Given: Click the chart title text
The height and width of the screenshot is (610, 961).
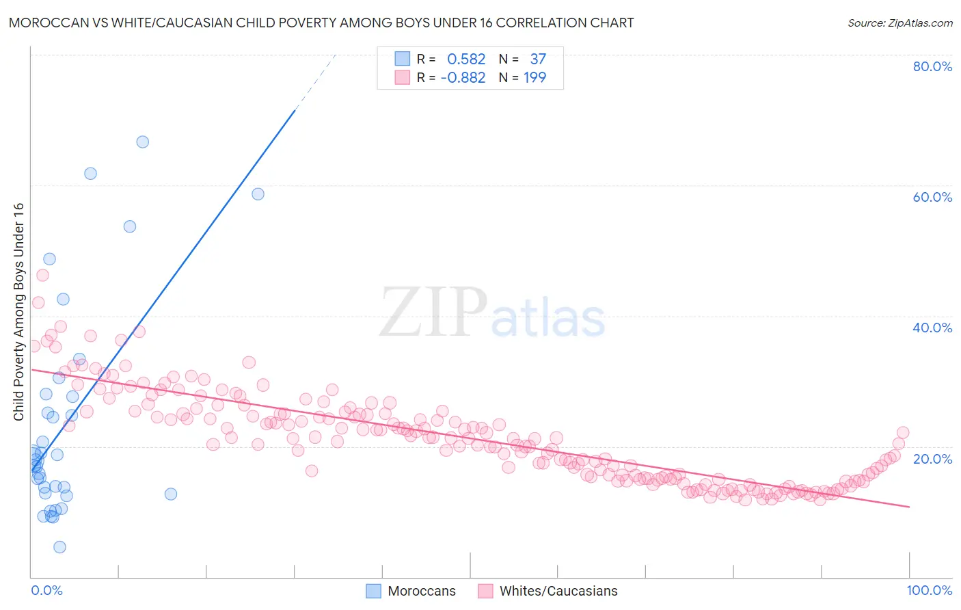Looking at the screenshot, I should (x=321, y=23).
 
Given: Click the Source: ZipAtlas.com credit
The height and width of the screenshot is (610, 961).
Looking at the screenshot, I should (x=899, y=23).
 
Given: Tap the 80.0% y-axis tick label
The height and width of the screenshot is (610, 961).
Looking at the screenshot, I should (x=932, y=66).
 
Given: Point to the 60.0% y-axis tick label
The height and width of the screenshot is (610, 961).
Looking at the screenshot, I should (x=932, y=197).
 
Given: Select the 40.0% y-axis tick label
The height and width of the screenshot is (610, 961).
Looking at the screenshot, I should (x=932, y=328).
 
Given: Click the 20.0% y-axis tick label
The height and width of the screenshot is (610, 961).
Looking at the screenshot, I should (x=932, y=458).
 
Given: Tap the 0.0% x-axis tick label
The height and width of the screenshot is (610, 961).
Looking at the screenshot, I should (x=46, y=590).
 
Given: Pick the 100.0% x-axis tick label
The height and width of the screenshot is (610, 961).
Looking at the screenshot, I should (x=929, y=590).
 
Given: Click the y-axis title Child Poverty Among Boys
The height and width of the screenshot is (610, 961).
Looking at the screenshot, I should (x=19, y=312).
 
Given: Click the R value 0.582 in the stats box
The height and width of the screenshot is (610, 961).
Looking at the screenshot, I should (x=466, y=59).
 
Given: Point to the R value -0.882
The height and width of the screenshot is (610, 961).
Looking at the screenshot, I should (x=463, y=78).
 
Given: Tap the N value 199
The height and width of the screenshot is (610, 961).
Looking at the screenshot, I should (x=534, y=78).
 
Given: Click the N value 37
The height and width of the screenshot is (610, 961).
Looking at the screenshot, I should (x=538, y=59).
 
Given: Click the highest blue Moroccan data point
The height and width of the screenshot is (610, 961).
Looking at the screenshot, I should (x=142, y=142).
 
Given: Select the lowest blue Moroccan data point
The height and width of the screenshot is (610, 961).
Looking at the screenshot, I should (x=59, y=547).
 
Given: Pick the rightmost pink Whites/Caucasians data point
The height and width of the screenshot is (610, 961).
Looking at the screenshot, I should (x=903, y=432).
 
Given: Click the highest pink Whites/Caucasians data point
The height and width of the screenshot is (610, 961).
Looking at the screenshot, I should (x=42, y=275).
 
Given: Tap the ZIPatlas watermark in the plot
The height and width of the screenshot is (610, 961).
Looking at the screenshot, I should (x=492, y=313).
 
